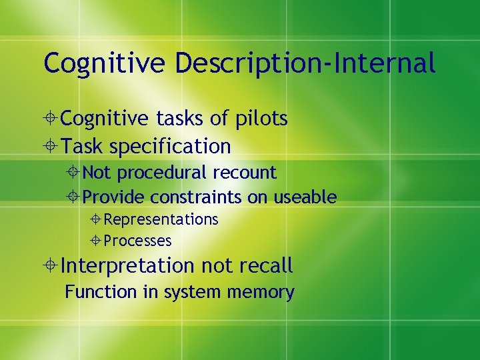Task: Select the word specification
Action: coord(170,145)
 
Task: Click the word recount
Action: coord(244,173)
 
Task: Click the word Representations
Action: coord(161,219)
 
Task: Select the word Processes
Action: coord(138,241)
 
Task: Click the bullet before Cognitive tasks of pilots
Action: coord(53,119)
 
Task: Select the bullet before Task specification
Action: coord(53,146)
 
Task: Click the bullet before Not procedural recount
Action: coord(76,173)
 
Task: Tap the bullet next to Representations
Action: coord(97,220)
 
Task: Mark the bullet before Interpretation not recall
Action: coord(53,267)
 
